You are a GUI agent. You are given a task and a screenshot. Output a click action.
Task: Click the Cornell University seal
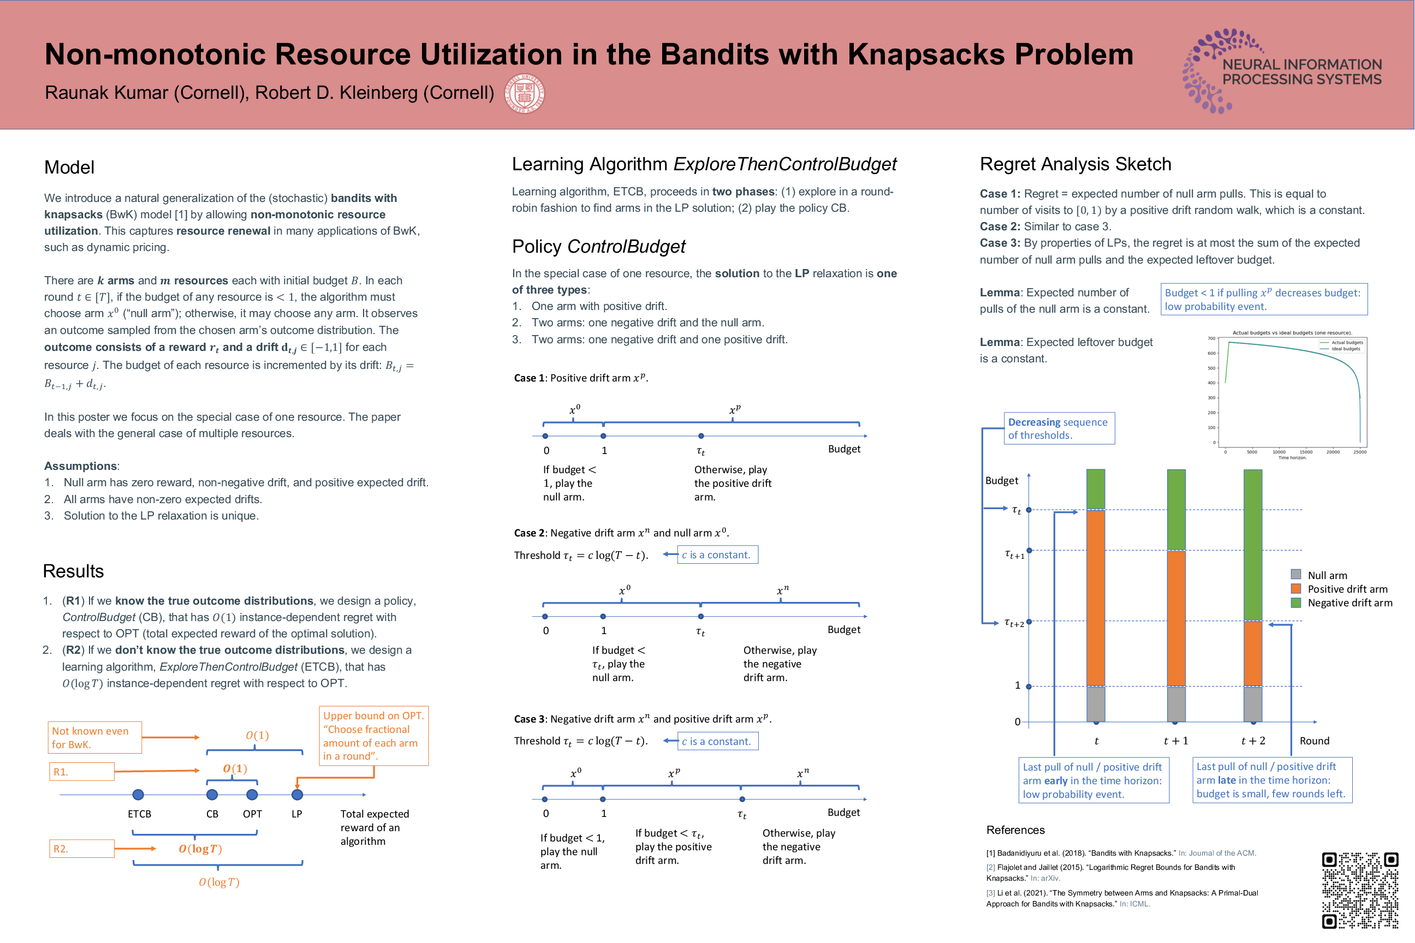pos(524,93)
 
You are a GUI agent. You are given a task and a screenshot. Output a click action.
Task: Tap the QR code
pos(1360,890)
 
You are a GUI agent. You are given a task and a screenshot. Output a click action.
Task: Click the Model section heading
pos(69,167)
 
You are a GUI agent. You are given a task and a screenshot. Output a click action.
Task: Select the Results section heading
pos(73,571)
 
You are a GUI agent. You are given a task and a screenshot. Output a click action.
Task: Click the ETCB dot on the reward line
pos(138,795)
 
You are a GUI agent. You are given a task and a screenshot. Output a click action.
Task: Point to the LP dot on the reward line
pos(297,795)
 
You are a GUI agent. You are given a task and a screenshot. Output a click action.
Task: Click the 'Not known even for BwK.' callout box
pos(94,737)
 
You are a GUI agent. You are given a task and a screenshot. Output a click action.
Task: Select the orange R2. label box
pos(82,849)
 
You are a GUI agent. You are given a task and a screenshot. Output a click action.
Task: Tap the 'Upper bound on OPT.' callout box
pos(373,736)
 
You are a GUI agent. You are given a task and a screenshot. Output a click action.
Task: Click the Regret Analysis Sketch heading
pos(1075,164)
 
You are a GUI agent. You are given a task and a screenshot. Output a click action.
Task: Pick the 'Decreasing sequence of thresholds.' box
pos(1059,428)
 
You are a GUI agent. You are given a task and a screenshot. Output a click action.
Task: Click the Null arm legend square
pos(1296,574)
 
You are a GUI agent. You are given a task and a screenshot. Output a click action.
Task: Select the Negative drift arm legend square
pos(1296,602)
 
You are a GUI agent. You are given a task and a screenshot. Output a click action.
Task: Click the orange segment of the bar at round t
pos(1096,597)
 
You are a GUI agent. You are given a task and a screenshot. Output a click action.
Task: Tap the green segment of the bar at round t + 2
pos(1252,544)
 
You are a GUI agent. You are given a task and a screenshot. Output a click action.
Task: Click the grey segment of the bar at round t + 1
pos(1176,703)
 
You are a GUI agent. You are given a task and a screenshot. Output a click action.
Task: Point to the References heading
pos(1015,830)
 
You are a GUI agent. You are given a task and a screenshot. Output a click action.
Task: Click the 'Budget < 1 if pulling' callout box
pos(1263,299)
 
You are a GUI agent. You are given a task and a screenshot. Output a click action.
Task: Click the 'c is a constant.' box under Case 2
pos(717,554)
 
